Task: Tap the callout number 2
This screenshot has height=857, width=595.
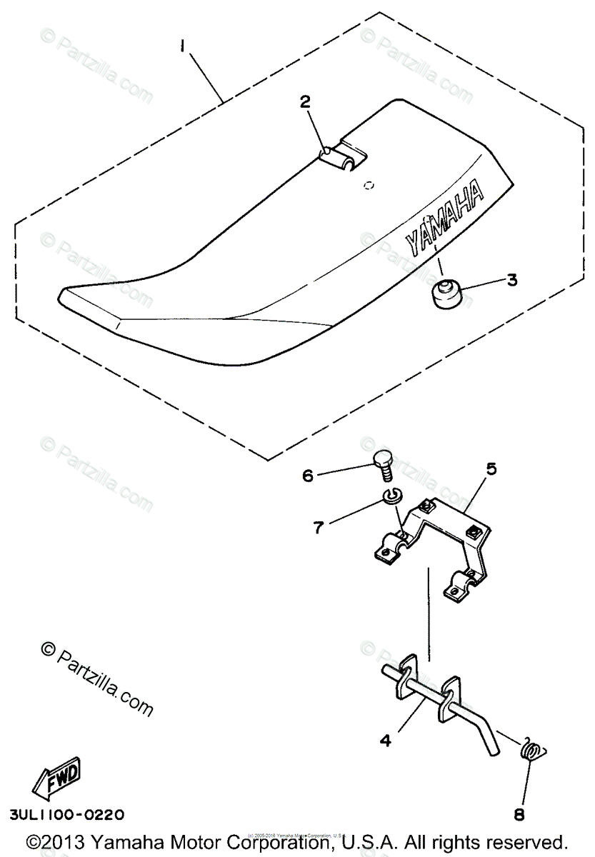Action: (305, 102)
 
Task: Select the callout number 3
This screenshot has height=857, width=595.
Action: (511, 281)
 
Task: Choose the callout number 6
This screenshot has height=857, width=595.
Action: (307, 475)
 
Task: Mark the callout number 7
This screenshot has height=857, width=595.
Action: (319, 527)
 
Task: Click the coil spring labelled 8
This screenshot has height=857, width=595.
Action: (530, 750)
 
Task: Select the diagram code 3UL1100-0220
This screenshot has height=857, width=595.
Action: (67, 814)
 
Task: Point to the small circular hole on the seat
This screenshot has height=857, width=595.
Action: (368, 186)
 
